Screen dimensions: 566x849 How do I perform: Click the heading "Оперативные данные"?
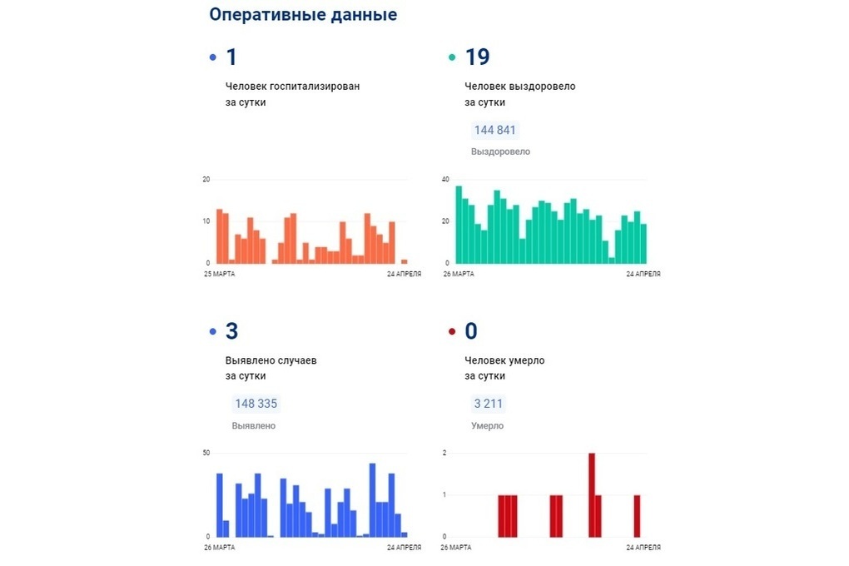click(303, 15)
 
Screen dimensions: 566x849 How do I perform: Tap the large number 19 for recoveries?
click(477, 57)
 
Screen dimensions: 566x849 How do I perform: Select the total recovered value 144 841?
click(495, 130)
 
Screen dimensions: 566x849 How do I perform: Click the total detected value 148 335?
click(256, 404)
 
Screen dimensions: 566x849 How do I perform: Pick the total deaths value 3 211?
click(489, 404)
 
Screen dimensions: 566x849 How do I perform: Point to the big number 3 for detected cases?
click(232, 331)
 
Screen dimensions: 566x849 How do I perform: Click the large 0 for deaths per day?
click(471, 331)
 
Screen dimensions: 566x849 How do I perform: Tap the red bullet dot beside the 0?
click(452, 332)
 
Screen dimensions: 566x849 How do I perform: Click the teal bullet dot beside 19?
click(452, 58)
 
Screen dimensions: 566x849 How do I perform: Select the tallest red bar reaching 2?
click(592, 494)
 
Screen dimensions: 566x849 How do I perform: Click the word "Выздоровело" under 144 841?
click(500, 152)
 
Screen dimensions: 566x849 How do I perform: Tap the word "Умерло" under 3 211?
click(487, 426)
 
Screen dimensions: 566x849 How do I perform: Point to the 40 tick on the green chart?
click(445, 180)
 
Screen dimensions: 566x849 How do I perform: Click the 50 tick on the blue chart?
click(206, 453)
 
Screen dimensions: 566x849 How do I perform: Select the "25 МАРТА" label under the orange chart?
click(219, 273)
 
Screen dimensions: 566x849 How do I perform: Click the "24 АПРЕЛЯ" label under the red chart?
click(643, 548)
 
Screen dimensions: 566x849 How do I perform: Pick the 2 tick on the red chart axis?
click(445, 453)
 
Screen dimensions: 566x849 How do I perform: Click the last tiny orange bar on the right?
click(405, 261)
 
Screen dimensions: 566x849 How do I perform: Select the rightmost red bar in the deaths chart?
click(637, 515)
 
